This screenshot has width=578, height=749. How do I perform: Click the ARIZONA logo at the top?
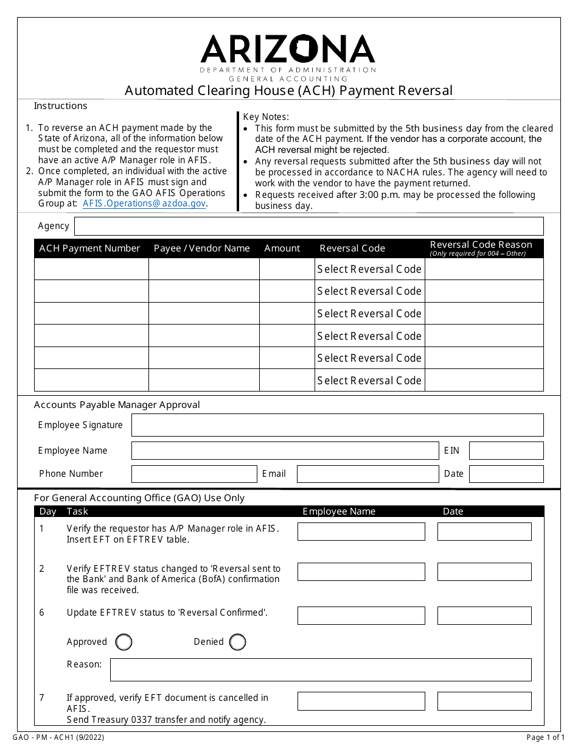tap(288, 49)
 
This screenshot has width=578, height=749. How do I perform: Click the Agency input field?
tap(308, 226)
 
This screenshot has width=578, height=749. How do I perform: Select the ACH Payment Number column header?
tap(89, 248)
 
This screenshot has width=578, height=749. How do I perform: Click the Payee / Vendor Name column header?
tap(202, 248)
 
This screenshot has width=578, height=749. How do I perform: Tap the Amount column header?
tap(282, 248)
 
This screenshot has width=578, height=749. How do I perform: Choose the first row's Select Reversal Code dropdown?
tap(369, 269)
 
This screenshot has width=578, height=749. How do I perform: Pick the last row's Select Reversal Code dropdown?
tap(369, 381)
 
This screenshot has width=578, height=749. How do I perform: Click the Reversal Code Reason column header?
tap(481, 248)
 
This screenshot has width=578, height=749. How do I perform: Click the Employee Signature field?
tap(337, 425)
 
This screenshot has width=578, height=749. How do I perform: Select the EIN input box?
tap(506, 451)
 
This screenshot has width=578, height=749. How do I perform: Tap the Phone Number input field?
tap(194, 474)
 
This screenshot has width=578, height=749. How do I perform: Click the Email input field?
tap(367, 474)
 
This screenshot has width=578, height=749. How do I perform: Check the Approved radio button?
tap(124, 642)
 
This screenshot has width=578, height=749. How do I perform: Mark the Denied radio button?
tap(238, 642)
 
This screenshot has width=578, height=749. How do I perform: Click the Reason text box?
tap(321, 669)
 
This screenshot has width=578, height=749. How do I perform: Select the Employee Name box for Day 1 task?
tap(361, 532)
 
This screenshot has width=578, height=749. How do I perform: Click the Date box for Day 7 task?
tap(484, 701)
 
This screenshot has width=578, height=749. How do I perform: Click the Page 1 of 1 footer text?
tap(545, 737)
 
